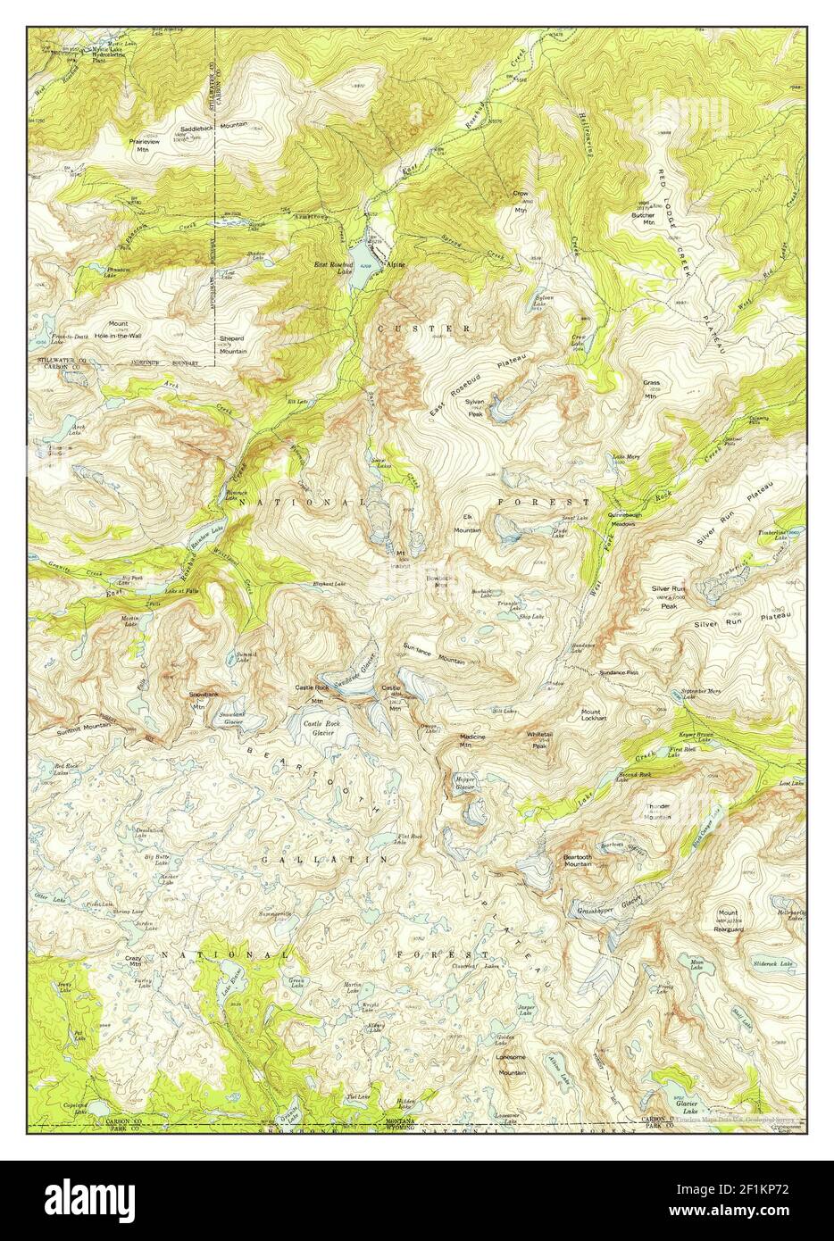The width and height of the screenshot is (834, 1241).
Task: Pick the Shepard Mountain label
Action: pos(233,346)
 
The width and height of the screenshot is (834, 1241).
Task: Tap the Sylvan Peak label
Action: pos(474,407)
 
